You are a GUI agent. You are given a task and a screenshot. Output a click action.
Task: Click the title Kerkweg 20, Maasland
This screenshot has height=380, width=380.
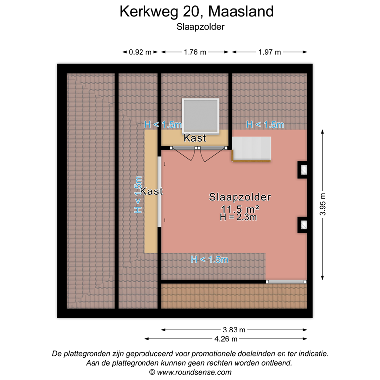pos(196,12)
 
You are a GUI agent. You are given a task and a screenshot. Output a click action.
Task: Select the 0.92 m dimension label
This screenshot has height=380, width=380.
pos(140,52)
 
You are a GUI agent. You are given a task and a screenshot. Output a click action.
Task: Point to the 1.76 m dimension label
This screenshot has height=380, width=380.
pos(194,52)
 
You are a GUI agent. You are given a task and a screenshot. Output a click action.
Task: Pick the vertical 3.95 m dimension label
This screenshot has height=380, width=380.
pos(323,203)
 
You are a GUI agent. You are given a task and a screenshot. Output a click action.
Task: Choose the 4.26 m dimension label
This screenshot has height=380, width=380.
pos(227,339)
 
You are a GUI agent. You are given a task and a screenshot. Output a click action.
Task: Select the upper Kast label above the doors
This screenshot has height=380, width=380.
pos(194,138)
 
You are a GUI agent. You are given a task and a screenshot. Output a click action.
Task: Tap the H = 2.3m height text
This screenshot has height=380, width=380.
pos(239,216)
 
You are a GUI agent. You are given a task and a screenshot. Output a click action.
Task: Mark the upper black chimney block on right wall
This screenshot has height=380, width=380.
pos(302,170)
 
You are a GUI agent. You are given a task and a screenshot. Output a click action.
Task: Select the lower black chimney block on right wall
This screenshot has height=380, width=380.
pos(302,225)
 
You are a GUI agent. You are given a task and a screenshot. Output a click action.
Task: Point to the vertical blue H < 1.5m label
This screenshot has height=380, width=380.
pos(138,195)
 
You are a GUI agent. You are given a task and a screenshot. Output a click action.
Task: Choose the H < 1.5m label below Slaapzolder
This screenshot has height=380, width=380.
pos(210,259)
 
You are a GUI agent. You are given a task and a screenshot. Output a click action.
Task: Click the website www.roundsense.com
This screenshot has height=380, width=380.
pos(190,372)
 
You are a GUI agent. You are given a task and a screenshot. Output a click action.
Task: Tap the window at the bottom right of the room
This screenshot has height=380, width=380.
pos(285,281)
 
